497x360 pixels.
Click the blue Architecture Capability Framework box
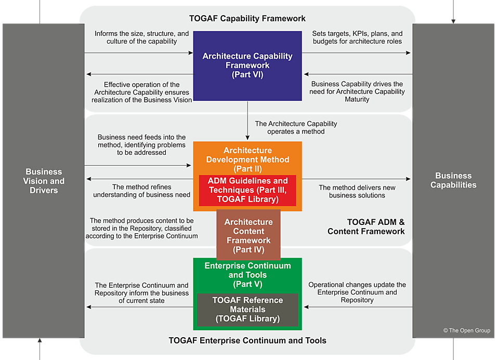(x=247, y=65)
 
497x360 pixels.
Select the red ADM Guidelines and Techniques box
(x=247, y=190)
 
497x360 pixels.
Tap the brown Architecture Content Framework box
(x=248, y=235)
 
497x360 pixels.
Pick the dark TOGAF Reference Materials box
(x=247, y=310)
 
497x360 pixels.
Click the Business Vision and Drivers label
(x=44, y=181)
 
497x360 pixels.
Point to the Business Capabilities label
(x=453, y=180)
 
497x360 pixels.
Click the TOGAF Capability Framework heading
(x=247, y=19)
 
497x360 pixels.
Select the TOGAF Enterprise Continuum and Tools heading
(x=247, y=341)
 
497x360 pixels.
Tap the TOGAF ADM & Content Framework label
(x=367, y=226)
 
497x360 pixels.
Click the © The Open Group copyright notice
(x=466, y=330)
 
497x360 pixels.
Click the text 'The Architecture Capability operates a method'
(x=296, y=127)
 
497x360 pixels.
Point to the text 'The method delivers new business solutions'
(x=357, y=191)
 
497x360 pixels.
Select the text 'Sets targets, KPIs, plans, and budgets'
(x=357, y=37)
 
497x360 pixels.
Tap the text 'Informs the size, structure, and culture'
(x=141, y=37)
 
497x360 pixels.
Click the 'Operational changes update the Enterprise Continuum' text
(x=357, y=292)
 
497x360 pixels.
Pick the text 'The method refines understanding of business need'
(x=141, y=191)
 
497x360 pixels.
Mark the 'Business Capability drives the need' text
(x=357, y=91)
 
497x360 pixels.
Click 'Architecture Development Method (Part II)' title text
(x=247, y=159)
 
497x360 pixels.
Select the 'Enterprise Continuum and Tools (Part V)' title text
(x=247, y=275)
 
